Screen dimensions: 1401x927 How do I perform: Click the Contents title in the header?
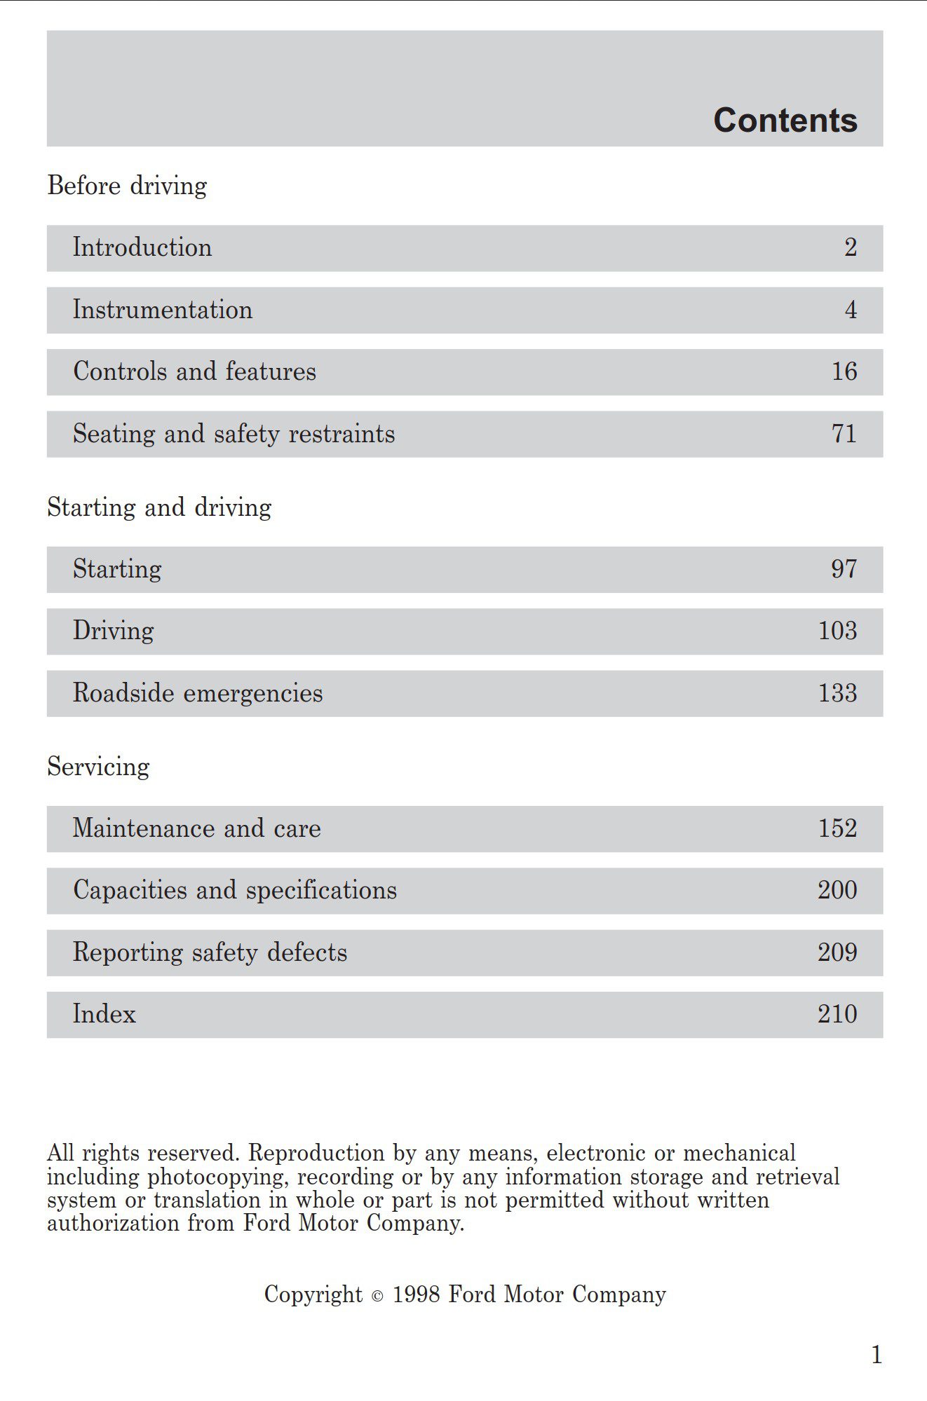[x=785, y=121]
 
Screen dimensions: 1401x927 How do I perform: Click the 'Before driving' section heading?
[x=127, y=186]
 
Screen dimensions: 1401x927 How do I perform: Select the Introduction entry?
[x=142, y=247]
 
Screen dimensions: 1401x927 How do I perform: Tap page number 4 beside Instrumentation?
[x=851, y=310]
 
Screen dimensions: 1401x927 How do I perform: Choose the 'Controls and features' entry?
[x=194, y=371]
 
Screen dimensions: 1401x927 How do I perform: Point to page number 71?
[x=844, y=434]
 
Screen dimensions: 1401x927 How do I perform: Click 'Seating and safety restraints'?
[x=234, y=434]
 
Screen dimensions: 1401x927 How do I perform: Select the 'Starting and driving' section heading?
[x=159, y=507]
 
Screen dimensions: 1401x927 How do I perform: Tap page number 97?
[x=844, y=569]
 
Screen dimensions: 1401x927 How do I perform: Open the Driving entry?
[x=114, y=631]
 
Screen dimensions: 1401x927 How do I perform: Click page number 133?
[x=838, y=693]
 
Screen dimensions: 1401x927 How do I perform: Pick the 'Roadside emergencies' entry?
[x=198, y=693]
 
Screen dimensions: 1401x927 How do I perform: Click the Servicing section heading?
[x=98, y=767]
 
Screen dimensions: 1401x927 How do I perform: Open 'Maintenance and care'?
[x=196, y=828]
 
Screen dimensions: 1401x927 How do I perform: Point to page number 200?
[x=837, y=890]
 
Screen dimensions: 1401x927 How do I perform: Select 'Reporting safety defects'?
[x=210, y=952]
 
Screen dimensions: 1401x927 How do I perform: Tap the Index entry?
[x=104, y=1014]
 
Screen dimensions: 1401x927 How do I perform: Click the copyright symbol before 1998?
[x=377, y=1297]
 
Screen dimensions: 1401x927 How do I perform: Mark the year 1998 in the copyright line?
[x=417, y=1294]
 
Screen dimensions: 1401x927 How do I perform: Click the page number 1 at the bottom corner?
[x=877, y=1355]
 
